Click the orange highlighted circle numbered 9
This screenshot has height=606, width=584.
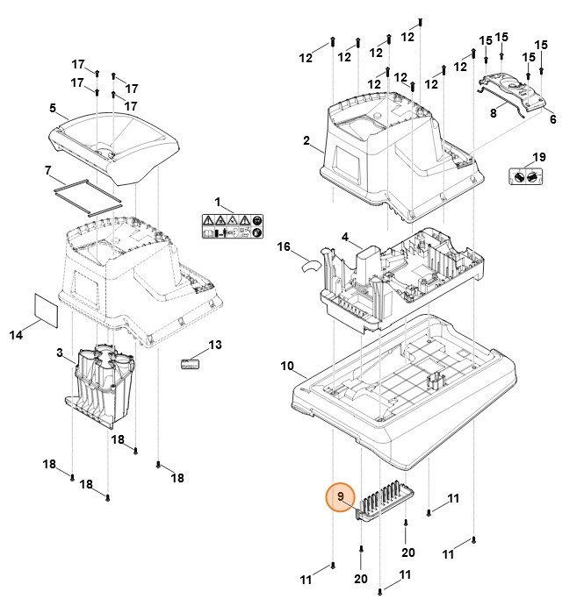coord(340,497)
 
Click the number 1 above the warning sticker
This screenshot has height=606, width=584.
coord(219,203)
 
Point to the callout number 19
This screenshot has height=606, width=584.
coord(539,157)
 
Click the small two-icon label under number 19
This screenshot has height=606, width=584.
coord(525,176)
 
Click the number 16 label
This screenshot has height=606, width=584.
coord(284,248)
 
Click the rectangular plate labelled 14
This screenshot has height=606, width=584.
coord(44,309)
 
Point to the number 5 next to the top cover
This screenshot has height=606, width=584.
coord(53,109)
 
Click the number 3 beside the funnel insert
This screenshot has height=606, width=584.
coord(59,353)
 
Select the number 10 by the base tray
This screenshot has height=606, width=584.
coord(287,366)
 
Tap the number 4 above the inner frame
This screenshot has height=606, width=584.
coord(345,238)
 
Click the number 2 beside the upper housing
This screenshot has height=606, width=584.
coord(306,140)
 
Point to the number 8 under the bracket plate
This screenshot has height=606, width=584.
coord(494,112)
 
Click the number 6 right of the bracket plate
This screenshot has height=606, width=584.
coord(552,119)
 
